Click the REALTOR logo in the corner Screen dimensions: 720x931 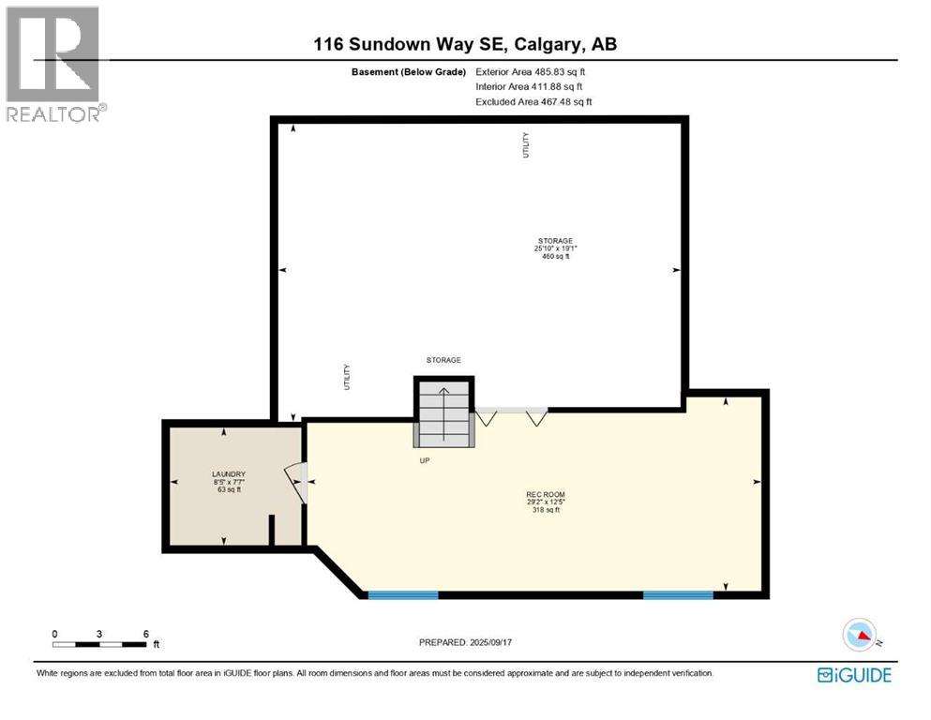55,64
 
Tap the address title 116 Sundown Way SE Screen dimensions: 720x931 465,44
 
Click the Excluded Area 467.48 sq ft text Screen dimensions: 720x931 533,102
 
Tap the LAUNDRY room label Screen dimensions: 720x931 228,473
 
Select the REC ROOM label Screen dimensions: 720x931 545,494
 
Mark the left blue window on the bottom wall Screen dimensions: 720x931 403,594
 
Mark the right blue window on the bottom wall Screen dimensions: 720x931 678,594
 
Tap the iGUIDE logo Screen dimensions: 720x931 854,675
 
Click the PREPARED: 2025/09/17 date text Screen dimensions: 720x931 465,642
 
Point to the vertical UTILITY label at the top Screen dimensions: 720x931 526,144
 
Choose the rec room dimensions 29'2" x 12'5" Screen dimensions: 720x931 545,502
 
